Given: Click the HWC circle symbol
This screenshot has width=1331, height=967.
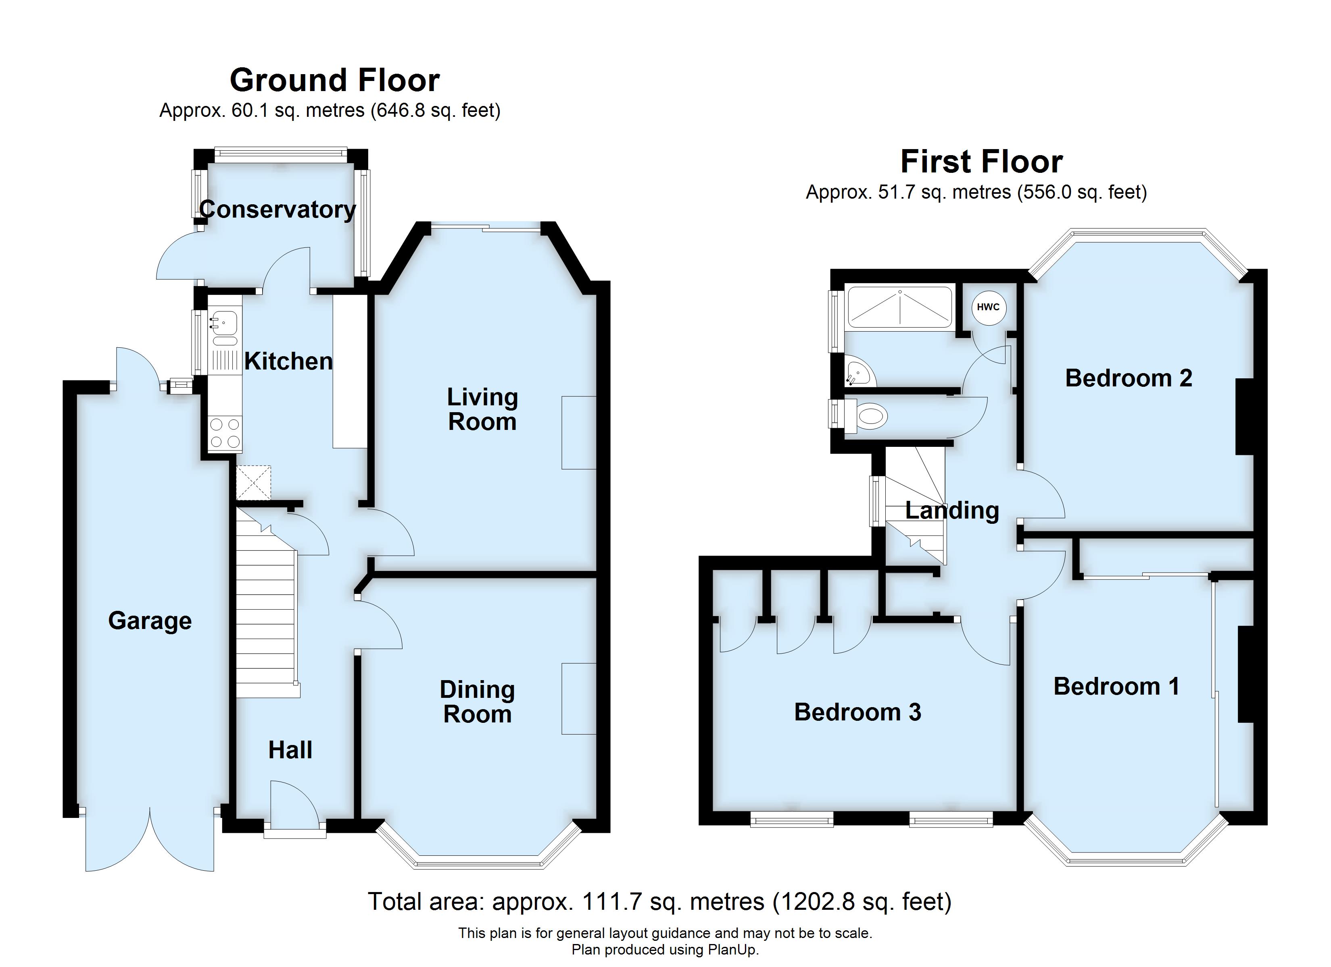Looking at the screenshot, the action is coord(988,307).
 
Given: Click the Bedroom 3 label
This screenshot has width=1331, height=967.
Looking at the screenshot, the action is coord(857,712).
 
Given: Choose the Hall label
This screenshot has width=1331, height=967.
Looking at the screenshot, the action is coord(290,750).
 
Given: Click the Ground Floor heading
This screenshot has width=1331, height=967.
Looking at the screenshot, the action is coord(334,80).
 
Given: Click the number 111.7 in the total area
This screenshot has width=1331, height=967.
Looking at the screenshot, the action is coord(609,901).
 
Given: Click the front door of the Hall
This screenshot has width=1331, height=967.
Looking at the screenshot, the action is coord(294,805).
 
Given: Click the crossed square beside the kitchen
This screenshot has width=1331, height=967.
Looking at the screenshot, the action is coord(254,483).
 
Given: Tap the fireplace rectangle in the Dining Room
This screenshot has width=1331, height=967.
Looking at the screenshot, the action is coord(579,698).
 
